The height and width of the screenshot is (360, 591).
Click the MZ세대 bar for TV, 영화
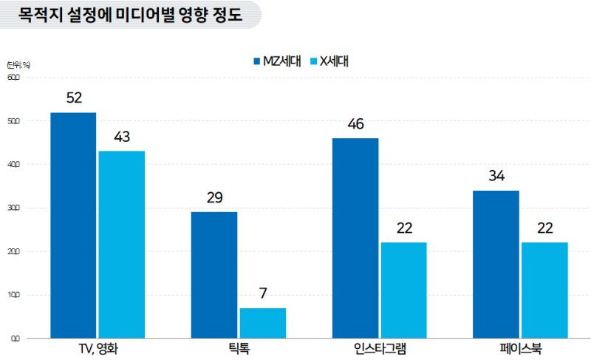(73, 225)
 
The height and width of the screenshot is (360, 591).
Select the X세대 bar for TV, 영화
(121, 245)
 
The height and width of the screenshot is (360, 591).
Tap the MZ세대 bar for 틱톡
(214, 275)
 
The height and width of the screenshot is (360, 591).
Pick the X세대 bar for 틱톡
(262, 323)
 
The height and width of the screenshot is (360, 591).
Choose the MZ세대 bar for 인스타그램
(355, 238)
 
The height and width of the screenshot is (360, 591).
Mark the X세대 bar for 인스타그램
(403, 291)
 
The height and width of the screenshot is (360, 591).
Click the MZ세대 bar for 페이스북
(496, 265)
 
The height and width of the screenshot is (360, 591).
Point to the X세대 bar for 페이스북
(544, 291)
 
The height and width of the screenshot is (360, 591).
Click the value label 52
(73, 98)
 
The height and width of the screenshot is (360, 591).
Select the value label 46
(355, 123)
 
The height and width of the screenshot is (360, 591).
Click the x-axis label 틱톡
(239, 348)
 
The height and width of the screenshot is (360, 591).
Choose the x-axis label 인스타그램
(380, 348)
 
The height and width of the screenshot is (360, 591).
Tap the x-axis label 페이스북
(521, 348)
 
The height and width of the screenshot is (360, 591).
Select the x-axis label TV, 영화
(98, 348)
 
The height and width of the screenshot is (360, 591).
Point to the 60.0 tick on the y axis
(14, 78)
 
